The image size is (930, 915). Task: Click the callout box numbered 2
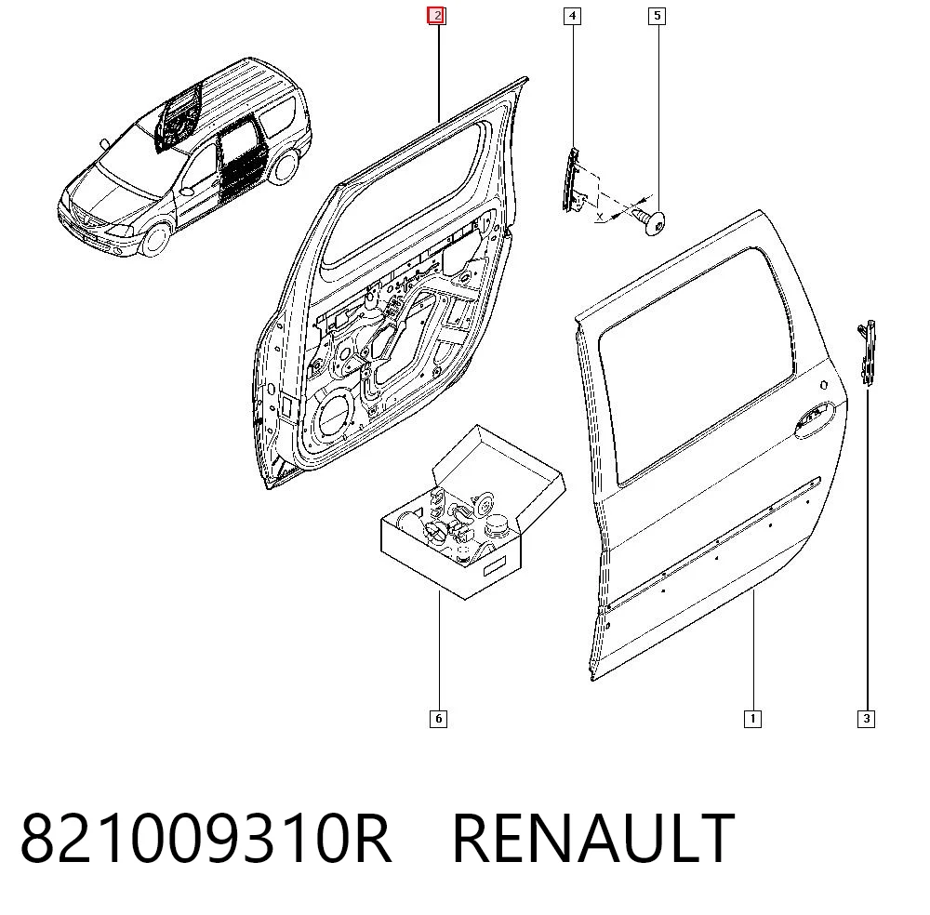[436, 16]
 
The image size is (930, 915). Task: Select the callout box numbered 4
[572, 16]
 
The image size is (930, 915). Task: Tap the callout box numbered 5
[657, 16]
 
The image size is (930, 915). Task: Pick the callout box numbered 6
[438, 719]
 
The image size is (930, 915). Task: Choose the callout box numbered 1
[752, 719]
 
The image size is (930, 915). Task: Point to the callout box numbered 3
[866, 719]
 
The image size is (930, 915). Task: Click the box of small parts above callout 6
[472, 511]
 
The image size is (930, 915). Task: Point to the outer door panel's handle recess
[815, 418]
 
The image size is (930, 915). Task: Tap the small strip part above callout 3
[867, 352]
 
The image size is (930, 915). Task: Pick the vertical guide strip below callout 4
[570, 179]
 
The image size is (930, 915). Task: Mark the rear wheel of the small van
[284, 166]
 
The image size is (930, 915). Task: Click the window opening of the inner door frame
[402, 195]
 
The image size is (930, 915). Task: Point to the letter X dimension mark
[600, 217]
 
